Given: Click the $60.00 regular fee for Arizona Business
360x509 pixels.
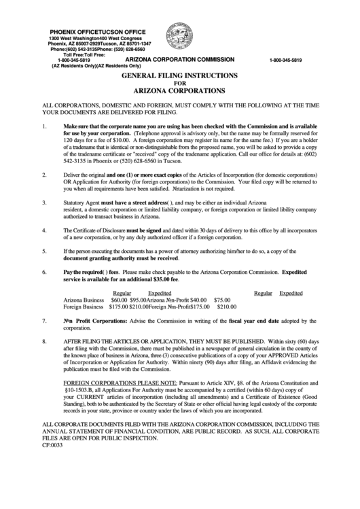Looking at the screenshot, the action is pos(119,299).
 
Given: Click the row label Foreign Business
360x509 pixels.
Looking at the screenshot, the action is pos(84,306).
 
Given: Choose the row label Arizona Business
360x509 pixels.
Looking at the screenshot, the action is pos(84,299).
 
